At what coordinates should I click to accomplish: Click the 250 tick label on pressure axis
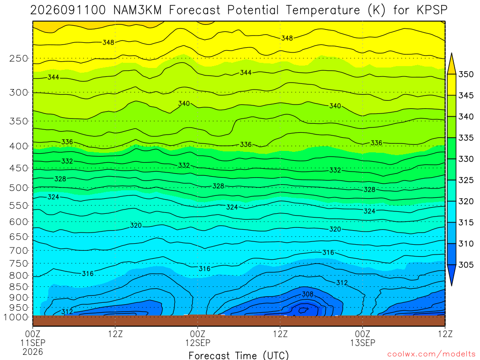tap(18, 59)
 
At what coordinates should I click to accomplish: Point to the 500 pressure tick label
tap(18, 187)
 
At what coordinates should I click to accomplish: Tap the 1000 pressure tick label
tap(16, 317)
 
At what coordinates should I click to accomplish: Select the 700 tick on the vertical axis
tap(18, 250)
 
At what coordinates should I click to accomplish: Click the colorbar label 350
tap(465, 75)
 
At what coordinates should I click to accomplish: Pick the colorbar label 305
tap(465, 265)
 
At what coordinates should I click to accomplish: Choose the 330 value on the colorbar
tap(465, 159)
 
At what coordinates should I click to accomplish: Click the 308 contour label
tap(307, 294)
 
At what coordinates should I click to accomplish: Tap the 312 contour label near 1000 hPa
tap(67, 312)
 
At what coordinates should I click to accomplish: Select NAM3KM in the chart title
tap(137, 10)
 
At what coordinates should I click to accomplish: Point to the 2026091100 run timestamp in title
tap(68, 10)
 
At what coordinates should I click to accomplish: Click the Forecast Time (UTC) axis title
tap(239, 355)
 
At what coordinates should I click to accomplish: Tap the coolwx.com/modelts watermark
tap(431, 354)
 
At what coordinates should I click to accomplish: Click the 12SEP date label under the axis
tap(198, 343)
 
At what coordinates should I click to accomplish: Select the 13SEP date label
tap(363, 343)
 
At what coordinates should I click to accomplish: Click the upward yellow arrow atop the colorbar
tap(451, 64)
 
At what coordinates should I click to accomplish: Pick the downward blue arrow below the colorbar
tap(451, 275)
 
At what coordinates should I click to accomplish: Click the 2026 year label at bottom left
tap(33, 352)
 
